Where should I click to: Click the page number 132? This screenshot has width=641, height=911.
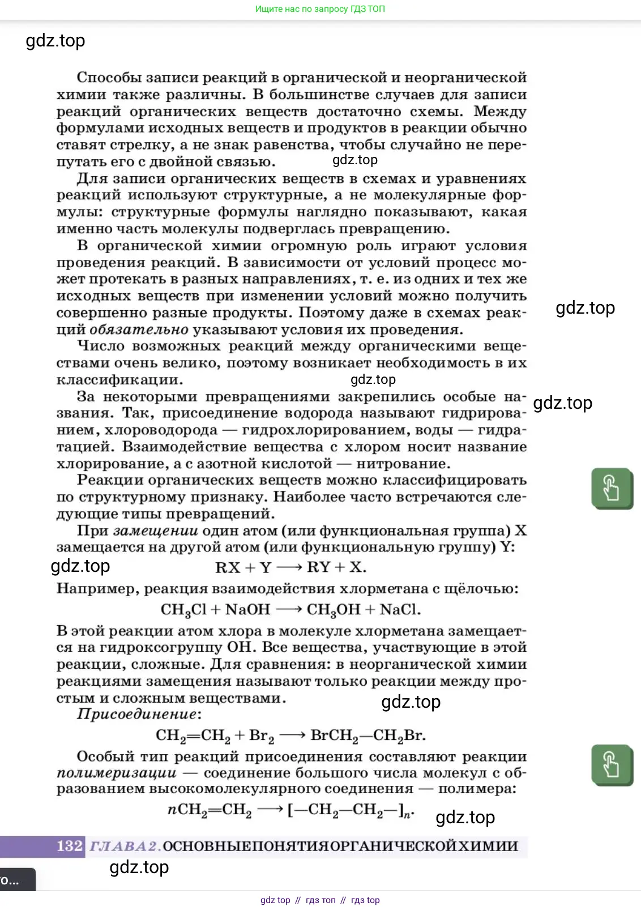(x=70, y=846)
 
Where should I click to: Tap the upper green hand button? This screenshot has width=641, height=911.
(x=612, y=488)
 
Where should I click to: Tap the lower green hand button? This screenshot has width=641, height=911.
(x=612, y=764)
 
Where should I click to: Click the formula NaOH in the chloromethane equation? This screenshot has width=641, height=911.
(x=247, y=610)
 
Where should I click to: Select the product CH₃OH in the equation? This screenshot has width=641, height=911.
(x=334, y=610)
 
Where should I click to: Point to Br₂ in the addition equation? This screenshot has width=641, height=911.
(x=262, y=735)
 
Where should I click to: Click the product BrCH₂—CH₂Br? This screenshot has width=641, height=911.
(x=367, y=735)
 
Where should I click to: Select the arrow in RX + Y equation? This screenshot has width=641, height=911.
(x=289, y=567)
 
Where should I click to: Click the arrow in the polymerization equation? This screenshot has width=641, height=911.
(x=270, y=810)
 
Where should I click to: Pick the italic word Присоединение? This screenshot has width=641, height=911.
(x=137, y=714)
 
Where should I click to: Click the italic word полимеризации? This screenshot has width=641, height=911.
(x=117, y=773)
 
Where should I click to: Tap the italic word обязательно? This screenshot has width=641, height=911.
(x=139, y=330)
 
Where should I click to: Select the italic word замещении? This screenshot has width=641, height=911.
(x=156, y=531)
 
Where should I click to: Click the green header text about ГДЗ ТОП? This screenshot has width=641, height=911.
(x=320, y=9)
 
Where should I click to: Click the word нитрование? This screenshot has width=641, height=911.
(x=403, y=464)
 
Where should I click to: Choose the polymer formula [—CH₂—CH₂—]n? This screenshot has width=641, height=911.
(x=351, y=810)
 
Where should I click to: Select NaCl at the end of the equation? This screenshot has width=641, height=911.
(x=400, y=610)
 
